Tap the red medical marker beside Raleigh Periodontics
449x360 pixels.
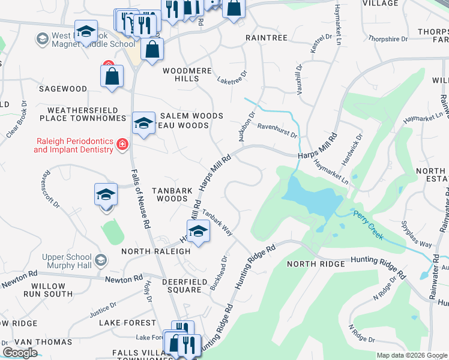(122, 144)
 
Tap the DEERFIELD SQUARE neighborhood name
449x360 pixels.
(182, 285)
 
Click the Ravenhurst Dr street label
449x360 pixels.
(277, 130)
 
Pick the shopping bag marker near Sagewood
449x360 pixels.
(112, 77)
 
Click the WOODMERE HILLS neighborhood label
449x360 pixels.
(188, 74)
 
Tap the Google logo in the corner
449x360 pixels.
(20, 353)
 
